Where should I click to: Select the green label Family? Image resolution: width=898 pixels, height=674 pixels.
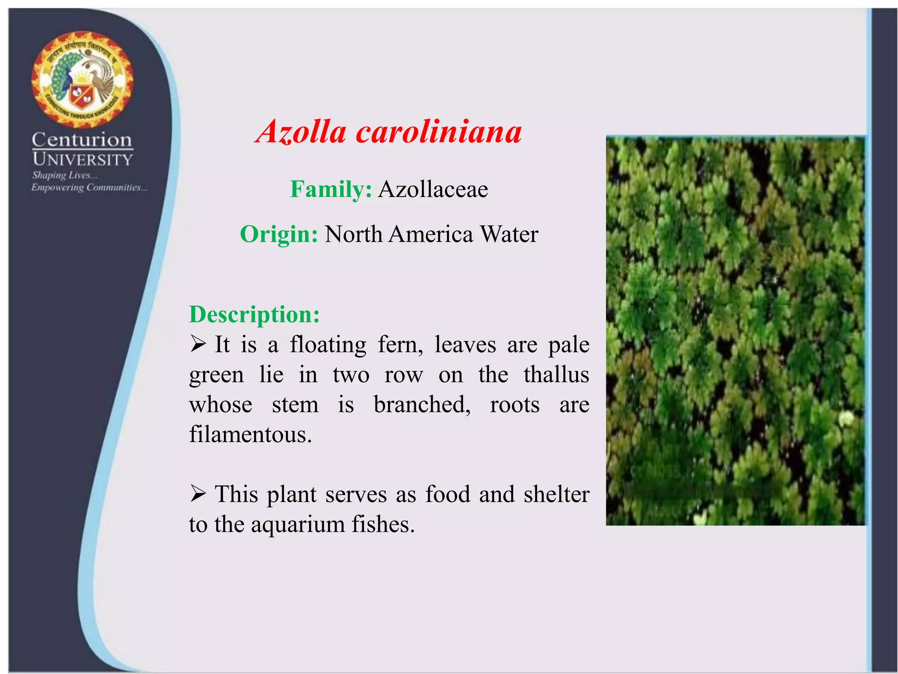click(331, 190)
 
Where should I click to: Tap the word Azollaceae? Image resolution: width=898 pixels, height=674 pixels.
click(433, 190)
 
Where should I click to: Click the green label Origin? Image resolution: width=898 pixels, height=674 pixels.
click(279, 234)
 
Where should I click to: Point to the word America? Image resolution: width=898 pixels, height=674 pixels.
click(431, 234)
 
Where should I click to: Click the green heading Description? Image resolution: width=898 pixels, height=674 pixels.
click(254, 315)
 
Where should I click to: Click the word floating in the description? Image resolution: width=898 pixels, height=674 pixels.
click(328, 344)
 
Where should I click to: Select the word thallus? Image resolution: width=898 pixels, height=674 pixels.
click(556, 375)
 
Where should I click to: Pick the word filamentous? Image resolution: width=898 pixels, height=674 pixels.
click(250, 435)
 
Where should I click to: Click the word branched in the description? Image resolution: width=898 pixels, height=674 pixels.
click(422, 405)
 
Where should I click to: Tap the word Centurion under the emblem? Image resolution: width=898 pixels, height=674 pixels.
click(82, 140)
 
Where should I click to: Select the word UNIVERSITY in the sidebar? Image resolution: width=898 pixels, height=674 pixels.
click(82, 159)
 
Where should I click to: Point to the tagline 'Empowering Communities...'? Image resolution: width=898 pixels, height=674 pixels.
click(89, 188)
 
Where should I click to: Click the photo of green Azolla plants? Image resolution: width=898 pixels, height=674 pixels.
click(736, 330)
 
